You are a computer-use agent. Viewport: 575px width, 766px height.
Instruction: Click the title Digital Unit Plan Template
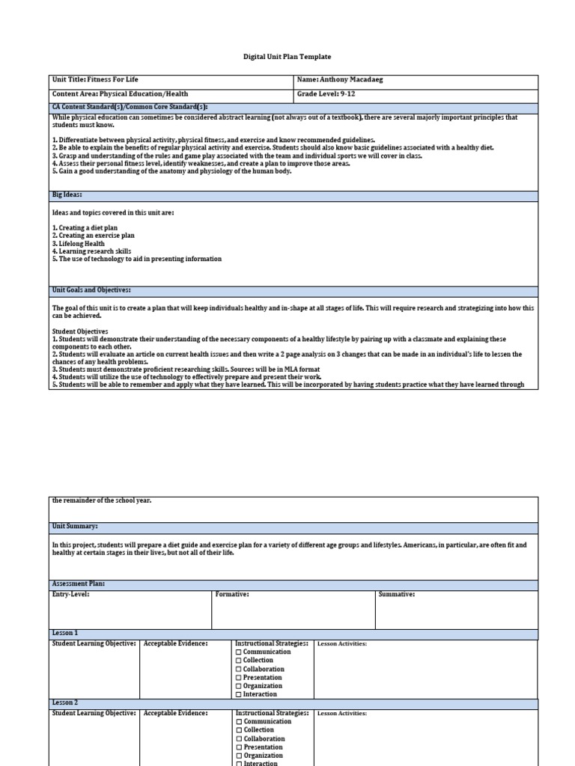(x=287, y=57)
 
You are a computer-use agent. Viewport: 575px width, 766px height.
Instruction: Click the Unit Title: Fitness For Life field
(x=95, y=79)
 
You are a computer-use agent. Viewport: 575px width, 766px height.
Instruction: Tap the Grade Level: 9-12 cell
(x=328, y=94)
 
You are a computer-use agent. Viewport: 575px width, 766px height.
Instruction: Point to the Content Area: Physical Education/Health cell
(x=120, y=94)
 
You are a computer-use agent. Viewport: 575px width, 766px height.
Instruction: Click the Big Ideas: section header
(x=67, y=194)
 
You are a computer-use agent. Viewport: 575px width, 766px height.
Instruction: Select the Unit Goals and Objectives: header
(x=91, y=289)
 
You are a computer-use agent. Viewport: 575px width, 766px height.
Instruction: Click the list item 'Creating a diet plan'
(x=85, y=227)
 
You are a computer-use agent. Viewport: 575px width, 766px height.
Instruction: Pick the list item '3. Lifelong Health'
(x=79, y=243)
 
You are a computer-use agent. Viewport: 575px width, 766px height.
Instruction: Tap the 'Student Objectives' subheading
(x=80, y=331)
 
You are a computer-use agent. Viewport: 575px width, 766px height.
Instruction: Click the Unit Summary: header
(x=75, y=527)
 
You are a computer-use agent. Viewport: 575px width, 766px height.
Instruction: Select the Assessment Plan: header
(x=78, y=583)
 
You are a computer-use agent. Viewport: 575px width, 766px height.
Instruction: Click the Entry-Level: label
(x=74, y=595)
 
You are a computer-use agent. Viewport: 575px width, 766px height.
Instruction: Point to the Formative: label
(x=232, y=595)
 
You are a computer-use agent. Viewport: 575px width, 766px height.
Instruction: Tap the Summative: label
(x=397, y=595)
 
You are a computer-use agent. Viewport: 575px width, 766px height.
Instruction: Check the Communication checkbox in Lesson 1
(x=239, y=652)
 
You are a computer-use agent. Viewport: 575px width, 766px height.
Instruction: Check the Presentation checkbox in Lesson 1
(x=239, y=678)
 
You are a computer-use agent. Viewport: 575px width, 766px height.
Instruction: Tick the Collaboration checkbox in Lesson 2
(x=239, y=738)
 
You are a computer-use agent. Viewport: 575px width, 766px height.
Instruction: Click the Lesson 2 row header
(x=65, y=703)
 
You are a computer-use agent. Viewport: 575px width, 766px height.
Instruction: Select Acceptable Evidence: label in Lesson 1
(x=175, y=643)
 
